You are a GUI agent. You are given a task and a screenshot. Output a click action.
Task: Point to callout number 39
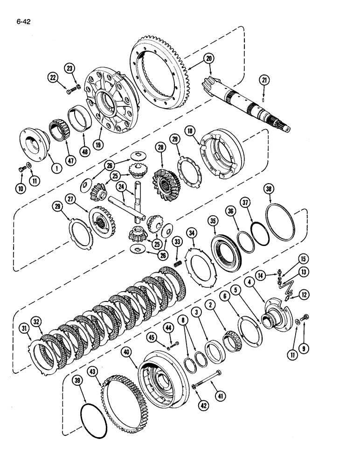click(78, 381)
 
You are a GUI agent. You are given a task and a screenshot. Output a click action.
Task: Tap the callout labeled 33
click(177, 241)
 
